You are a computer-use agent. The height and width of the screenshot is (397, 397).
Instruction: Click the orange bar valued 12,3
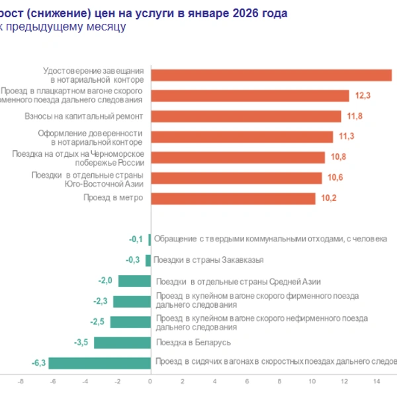(x=250, y=96)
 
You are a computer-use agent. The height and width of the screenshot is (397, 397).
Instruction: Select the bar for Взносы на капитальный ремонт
(x=246, y=116)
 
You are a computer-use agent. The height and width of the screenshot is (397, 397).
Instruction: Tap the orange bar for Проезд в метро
(x=233, y=198)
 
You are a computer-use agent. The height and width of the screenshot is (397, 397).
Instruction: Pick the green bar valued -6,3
(x=99, y=363)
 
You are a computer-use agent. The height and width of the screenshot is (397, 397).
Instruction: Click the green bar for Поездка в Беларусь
(x=122, y=343)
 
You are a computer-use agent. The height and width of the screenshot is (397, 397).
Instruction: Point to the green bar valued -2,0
(x=134, y=281)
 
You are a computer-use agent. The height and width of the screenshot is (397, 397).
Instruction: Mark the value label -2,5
(x=98, y=322)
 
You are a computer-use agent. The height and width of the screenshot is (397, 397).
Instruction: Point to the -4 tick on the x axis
(x=85, y=382)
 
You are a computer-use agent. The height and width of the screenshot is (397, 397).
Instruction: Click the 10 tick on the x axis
(x=312, y=382)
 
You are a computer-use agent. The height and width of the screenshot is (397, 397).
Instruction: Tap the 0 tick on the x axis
(x=150, y=382)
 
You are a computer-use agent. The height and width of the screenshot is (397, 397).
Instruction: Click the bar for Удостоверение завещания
(x=271, y=75)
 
